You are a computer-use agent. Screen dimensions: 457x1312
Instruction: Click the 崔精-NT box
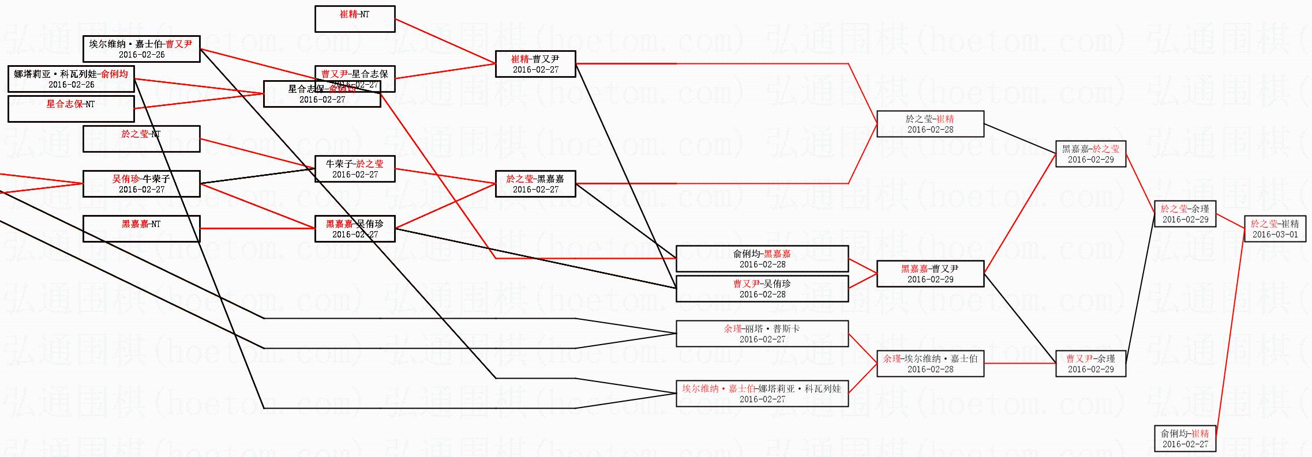pos(355,19)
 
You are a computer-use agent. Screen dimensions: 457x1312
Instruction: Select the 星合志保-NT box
pos(71,109)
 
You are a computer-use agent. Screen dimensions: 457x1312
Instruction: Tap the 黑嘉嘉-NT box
pos(141,229)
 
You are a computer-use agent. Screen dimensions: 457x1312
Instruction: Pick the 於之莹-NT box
pos(141,139)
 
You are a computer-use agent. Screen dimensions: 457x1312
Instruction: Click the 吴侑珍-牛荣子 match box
pos(141,184)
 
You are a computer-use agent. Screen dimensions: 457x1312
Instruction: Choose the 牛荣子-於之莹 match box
pos(355,169)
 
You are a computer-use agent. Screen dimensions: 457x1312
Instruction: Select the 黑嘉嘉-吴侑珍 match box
pos(355,229)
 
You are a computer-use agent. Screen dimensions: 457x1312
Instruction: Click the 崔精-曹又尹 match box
pos(535,64)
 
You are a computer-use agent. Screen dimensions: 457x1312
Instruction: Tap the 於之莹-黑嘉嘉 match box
pos(535,184)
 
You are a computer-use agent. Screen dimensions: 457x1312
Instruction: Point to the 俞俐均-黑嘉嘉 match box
pos(762,259)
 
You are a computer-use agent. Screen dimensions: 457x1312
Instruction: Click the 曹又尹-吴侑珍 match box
pos(762,289)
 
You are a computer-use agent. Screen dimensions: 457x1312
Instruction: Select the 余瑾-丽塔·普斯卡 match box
pos(762,334)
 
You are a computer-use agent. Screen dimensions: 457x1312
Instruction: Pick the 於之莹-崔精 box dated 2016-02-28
pos(930,124)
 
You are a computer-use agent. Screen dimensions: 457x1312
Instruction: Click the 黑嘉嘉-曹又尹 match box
pos(930,274)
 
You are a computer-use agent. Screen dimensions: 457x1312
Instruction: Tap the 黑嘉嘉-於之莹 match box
pos(1090,154)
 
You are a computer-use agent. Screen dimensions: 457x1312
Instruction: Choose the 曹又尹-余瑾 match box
pos(1090,364)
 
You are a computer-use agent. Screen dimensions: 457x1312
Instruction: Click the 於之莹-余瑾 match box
pos(1185,214)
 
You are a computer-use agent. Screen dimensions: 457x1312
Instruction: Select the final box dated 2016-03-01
pos(1275,229)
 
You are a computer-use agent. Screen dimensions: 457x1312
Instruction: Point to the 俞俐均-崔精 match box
pos(1185,439)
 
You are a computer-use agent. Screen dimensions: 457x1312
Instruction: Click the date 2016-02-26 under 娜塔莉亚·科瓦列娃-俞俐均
pos(72,85)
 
